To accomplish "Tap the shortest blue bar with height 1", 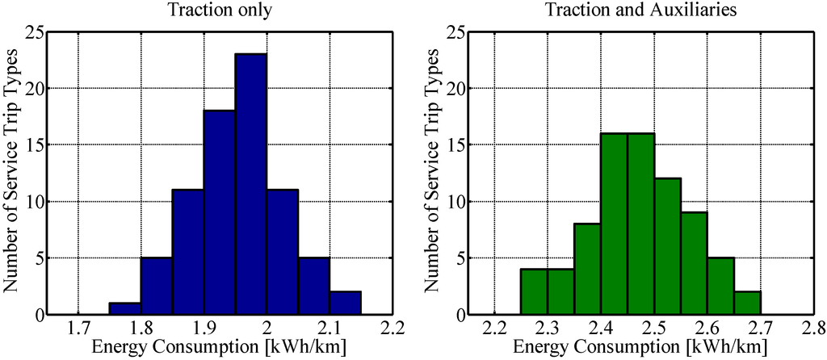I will [x=124, y=309].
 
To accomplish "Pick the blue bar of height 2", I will [x=345, y=303].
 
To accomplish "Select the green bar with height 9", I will [x=694, y=263].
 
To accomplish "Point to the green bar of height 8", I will [x=587, y=269].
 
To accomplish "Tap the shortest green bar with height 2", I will [x=747, y=303].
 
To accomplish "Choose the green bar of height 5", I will [x=720, y=286].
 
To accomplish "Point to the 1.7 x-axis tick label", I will [x=78, y=329].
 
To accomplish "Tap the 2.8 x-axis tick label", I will [x=812, y=329].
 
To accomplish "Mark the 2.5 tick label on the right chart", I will [x=653, y=329].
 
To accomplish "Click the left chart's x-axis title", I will [x=218, y=349].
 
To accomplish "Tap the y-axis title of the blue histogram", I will [x=12, y=173].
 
